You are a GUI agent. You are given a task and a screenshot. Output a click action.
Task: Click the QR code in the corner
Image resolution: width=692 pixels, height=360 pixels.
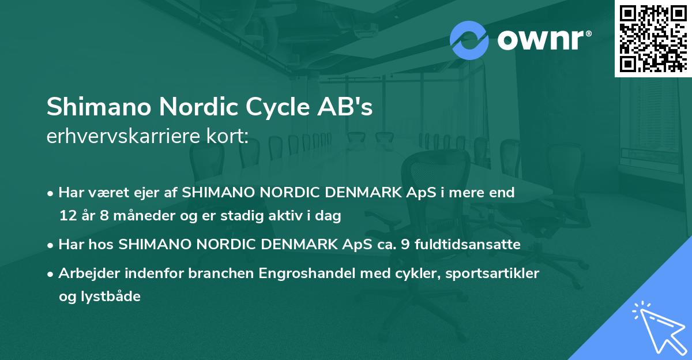click(x=653, y=39)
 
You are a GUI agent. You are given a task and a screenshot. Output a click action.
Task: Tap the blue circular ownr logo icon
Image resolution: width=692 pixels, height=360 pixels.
click(x=469, y=40)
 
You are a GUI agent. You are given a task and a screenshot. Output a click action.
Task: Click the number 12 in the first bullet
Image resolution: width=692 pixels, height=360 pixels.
click(x=67, y=216)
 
